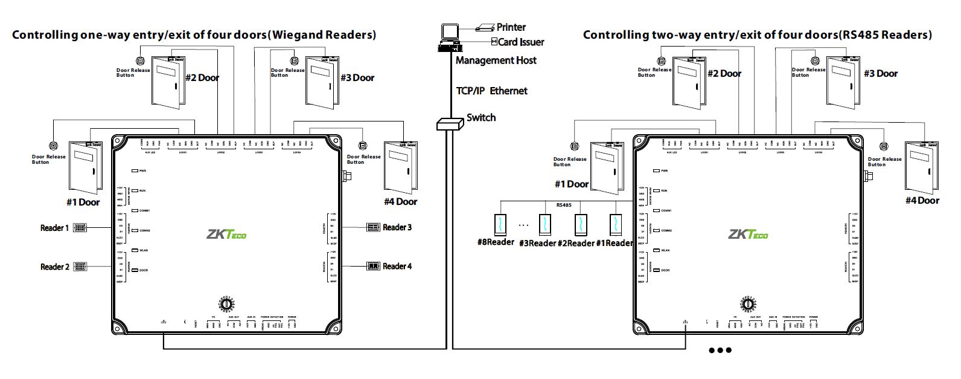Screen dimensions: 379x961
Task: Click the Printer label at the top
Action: point(511,27)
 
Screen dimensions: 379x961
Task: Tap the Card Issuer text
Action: point(521,42)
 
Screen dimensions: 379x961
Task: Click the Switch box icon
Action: point(449,124)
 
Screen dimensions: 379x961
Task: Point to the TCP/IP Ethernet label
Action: point(491,91)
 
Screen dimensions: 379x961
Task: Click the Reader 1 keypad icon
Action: point(80,228)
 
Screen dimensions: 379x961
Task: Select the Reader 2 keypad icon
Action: point(80,267)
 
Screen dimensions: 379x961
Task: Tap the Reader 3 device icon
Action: point(373,227)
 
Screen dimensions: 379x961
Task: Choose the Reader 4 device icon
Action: point(373,266)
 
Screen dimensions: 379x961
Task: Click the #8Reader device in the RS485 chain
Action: point(500,224)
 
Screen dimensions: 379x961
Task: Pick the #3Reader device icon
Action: point(545,224)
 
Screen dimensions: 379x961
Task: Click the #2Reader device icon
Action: point(580,224)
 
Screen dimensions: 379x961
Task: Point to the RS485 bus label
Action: point(563,205)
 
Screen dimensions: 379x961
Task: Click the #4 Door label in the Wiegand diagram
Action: point(400,201)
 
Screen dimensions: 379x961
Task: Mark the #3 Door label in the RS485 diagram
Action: point(880,74)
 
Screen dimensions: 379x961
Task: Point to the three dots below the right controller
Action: point(720,350)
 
